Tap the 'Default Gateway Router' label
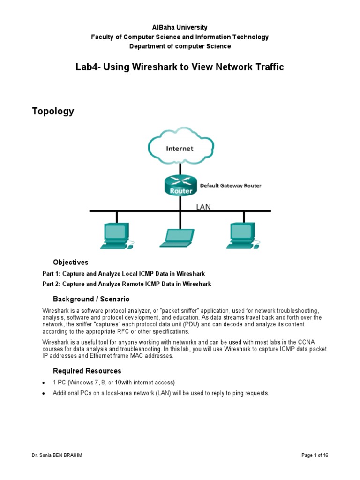(231, 186)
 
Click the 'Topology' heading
(53, 112)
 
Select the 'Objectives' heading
(70, 262)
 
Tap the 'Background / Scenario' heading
(91, 299)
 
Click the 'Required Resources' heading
(87, 371)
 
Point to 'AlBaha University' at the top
(180, 28)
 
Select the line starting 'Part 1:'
(123, 274)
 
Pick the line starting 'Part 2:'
(127, 284)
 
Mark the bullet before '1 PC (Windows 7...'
(44, 383)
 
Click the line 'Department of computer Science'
(180, 46)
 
